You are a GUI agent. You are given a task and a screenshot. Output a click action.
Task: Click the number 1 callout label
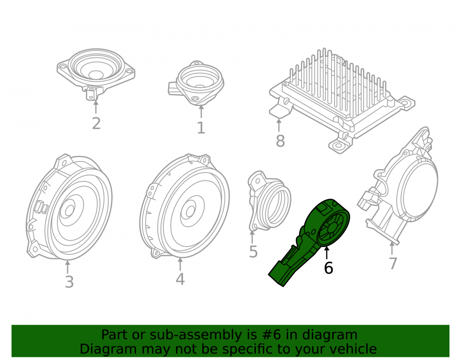pos(201,128)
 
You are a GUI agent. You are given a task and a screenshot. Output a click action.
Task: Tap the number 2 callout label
pos(96,124)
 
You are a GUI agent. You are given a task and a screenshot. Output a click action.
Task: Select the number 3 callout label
pos(69,282)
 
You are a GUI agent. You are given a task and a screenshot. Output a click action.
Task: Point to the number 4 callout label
pos(180,279)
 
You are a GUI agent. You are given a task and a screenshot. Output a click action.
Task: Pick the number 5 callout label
pos(253,252)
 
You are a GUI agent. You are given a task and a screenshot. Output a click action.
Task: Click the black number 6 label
pos(328,268)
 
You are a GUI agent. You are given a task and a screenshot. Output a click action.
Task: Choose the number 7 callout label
pos(393,263)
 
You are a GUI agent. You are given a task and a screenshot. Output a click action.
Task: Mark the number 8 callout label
pos(280,141)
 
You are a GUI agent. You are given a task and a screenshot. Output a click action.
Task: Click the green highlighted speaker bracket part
pos(309,242)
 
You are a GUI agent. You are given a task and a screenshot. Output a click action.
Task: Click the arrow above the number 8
pos(279,125)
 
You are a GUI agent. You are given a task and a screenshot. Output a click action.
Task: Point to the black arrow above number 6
pos(326,253)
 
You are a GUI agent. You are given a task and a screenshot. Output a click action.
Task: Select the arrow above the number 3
pos(68,267)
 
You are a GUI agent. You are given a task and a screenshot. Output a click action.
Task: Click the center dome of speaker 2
pos(95,75)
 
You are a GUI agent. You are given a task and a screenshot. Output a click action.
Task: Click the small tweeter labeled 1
pos(196,83)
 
